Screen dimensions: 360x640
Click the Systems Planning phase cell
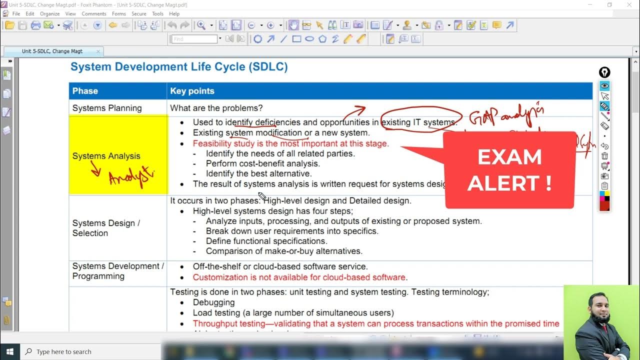pyautogui.click(x=107, y=108)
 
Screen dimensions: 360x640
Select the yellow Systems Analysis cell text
pyautogui.click(x=106, y=156)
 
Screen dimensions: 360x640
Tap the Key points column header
pyautogui.click(x=192, y=91)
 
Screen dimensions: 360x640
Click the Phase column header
pyautogui.click(x=85, y=91)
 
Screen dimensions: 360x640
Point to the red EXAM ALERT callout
pyautogui.click(x=509, y=170)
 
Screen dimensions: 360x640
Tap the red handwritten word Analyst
pyautogui.click(x=131, y=178)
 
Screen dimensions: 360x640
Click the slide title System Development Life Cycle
pyautogui.click(x=179, y=67)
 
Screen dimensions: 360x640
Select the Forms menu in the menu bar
pyautogui.click(x=118, y=14)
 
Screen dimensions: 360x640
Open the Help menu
pyautogui.click(x=174, y=14)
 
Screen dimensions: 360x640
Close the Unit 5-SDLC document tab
pyautogui.click(x=98, y=51)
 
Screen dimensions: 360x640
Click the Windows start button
pyautogui.click(x=9, y=351)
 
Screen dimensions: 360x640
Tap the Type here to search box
pyautogui.click(x=64, y=351)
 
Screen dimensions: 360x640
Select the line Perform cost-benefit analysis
pyautogui.click(x=262, y=163)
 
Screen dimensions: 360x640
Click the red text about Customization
pyautogui.click(x=299, y=277)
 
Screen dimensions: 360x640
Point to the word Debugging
pyautogui.click(x=213, y=302)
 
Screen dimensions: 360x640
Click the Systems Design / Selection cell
pyautogui.click(x=106, y=228)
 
